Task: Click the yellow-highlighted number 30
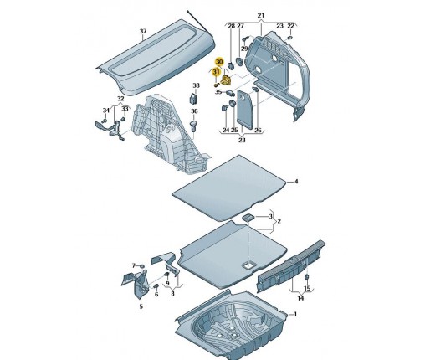(219, 62)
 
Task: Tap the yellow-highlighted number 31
(216, 72)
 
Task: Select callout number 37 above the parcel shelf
(143, 31)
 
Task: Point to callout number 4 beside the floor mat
(296, 182)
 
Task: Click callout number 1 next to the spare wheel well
(295, 314)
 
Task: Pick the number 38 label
(197, 85)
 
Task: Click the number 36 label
(194, 111)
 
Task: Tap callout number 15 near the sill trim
(307, 289)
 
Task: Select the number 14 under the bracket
(300, 298)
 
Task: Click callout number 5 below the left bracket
(141, 306)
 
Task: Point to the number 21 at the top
(261, 15)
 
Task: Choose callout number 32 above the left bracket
(120, 99)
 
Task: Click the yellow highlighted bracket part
(225, 80)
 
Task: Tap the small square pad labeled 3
(248, 217)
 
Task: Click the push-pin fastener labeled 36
(193, 126)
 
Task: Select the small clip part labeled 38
(192, 98)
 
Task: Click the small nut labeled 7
(141, 266)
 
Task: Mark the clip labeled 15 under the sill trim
(306, 278)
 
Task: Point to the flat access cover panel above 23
(244, 110)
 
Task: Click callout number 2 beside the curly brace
(279, 221)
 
